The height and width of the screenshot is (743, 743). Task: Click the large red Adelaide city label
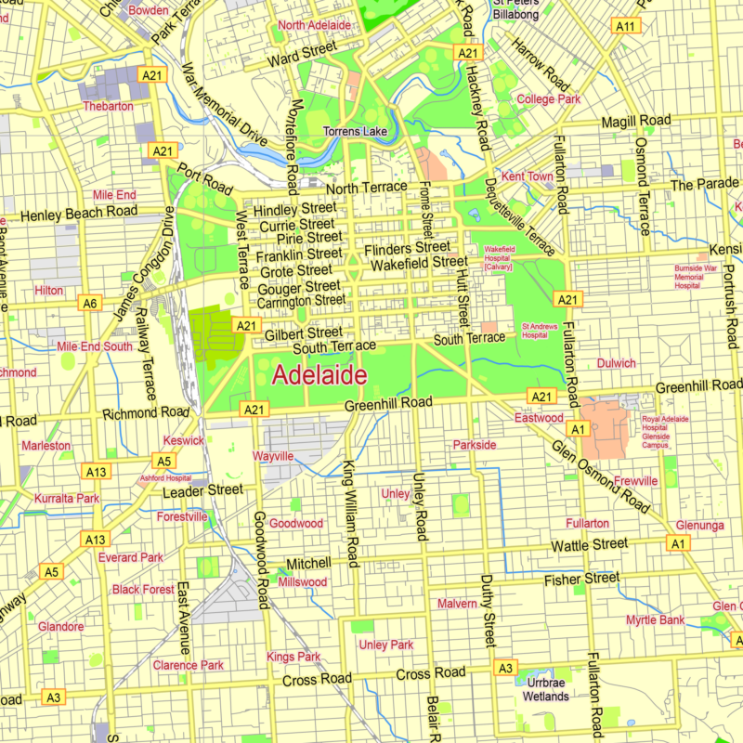(x=319, y=376)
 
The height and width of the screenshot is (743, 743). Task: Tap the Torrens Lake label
(x=355, y=132)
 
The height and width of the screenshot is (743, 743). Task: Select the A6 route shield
(x=89, y=303)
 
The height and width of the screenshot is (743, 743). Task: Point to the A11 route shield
(x=627, y=27)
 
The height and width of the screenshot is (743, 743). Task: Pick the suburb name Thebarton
(x=109, y=106)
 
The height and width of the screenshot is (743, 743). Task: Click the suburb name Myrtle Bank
(x=655, y=619)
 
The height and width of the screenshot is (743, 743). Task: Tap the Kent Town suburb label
(x=527, y=176)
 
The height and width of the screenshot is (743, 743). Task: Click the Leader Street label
(x=202, y=490)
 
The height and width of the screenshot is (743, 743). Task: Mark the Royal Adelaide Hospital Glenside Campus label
(x=667, y=432)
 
